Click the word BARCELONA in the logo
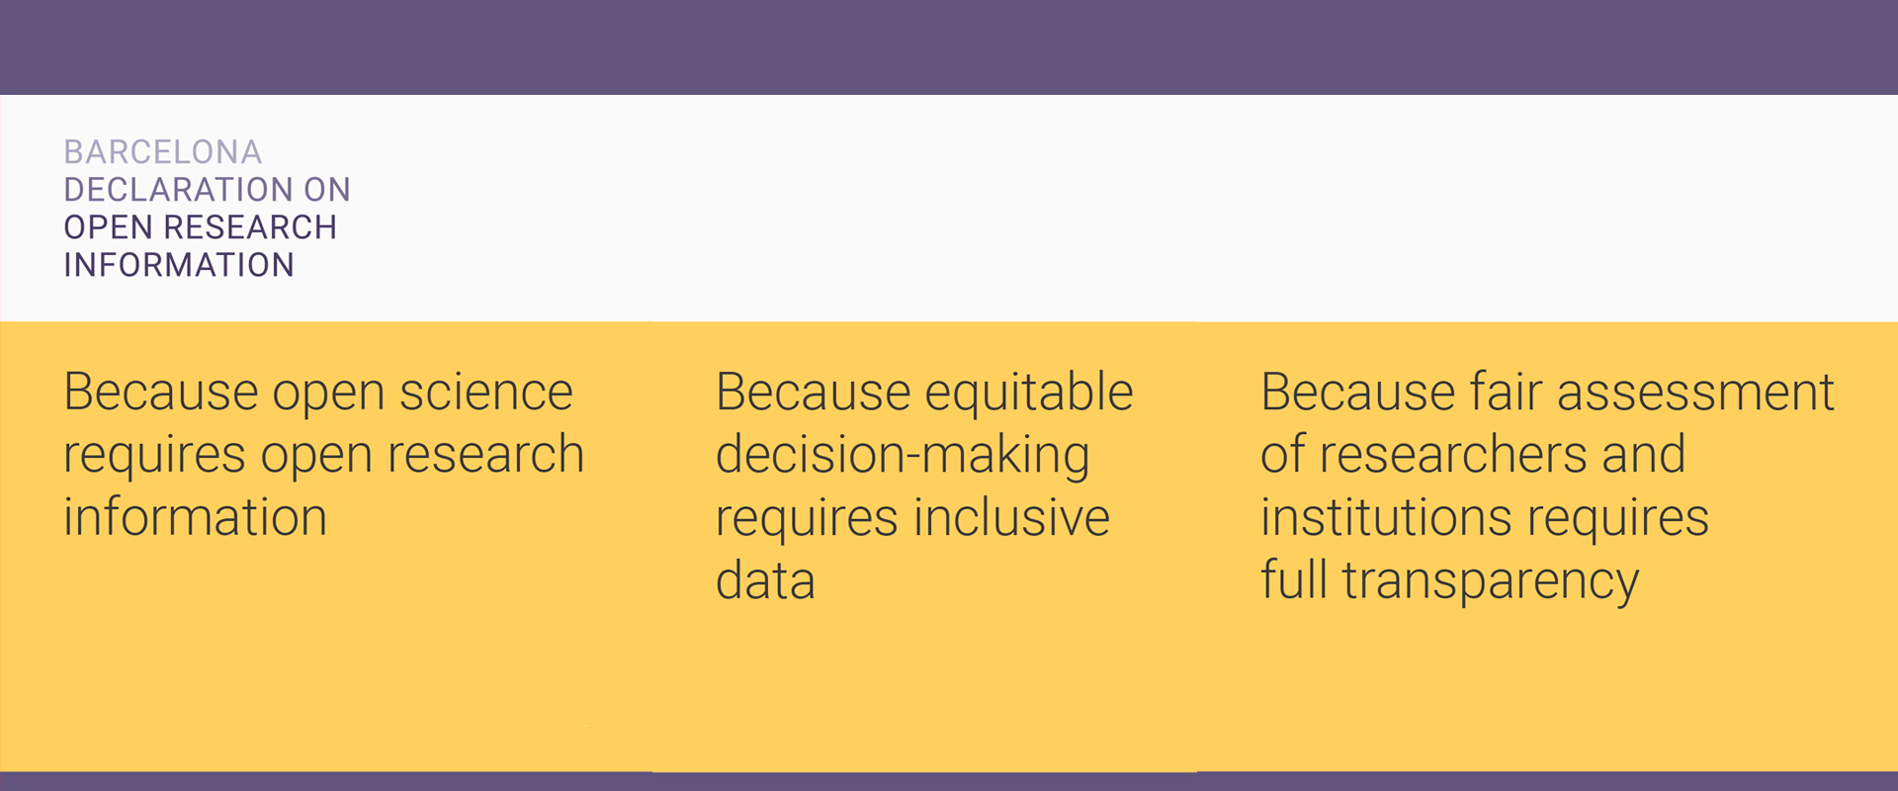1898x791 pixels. pyautogui.click(x=163, y=151)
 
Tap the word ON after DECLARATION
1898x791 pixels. pyautogui.click(x=327, y=189)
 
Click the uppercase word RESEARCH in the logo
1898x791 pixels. pyautogui.click(x=250, y=227)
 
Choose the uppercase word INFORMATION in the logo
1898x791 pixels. pyautogui.click(x=179, y=265)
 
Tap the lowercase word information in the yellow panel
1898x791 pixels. pyautogui.click(x=195, y=517)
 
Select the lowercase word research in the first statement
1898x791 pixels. pyautogui.click(x=485, y=455)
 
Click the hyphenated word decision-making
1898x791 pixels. pyautogui.click(x=903, y=456)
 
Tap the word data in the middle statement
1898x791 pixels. pyautogui.click(x=765, y=579)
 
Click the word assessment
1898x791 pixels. pyautogui.click(x=1696, y=394)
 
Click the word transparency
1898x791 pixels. pyautogui.click(x=1491, y=581)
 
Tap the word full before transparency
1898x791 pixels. pyautogui.click(x=1294, y=579)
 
